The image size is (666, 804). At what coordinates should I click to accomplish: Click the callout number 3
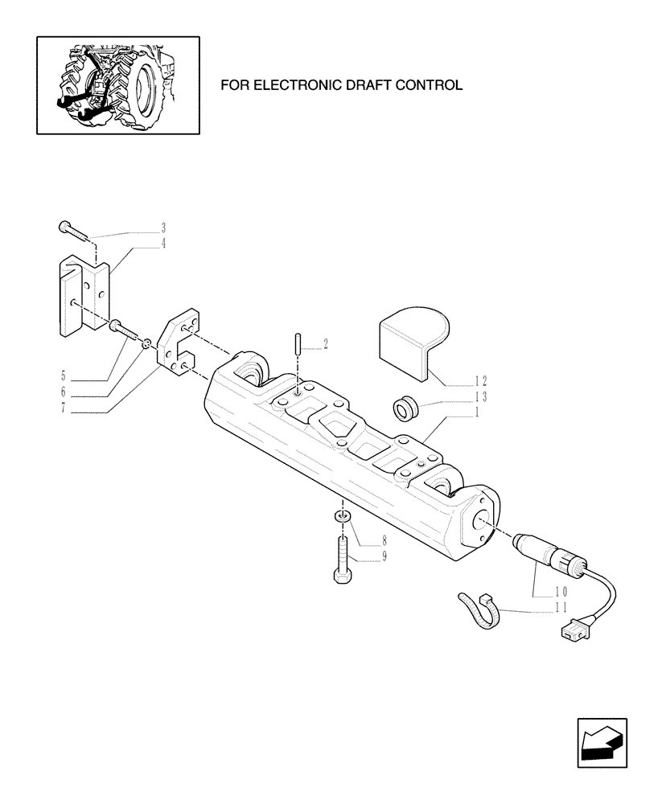[x=163, y=228]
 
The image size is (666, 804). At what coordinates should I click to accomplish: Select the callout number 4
[x=163, y=244]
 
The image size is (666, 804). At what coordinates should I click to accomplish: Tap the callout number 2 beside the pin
[x=326, y=345]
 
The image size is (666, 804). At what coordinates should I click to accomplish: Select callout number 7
[x=63, y=408]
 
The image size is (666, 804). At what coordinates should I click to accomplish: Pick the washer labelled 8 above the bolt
[x=342, y=517]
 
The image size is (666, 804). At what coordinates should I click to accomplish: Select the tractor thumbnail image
[x=117, y=84]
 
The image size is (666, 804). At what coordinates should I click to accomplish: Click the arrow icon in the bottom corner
[x=602, y=742]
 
